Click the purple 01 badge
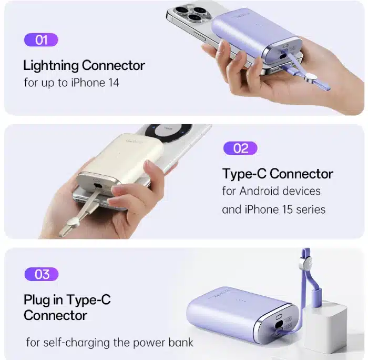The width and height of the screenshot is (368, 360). (41, 39)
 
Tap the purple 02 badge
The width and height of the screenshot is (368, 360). (240, 148)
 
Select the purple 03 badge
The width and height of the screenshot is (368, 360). (42, 274)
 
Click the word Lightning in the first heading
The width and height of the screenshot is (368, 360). (51, 66)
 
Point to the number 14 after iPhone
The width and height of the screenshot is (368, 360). (114, 83)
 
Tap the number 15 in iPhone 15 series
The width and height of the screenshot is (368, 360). (287, 209)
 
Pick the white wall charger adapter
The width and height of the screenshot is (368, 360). (325, 328)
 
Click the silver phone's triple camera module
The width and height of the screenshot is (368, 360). (190, 14)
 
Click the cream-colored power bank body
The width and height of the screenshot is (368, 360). (122, 157)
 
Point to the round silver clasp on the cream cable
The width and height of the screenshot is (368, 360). (73, 222)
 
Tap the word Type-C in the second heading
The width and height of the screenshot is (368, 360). (244, 174)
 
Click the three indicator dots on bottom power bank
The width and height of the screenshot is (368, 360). (241, 301)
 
